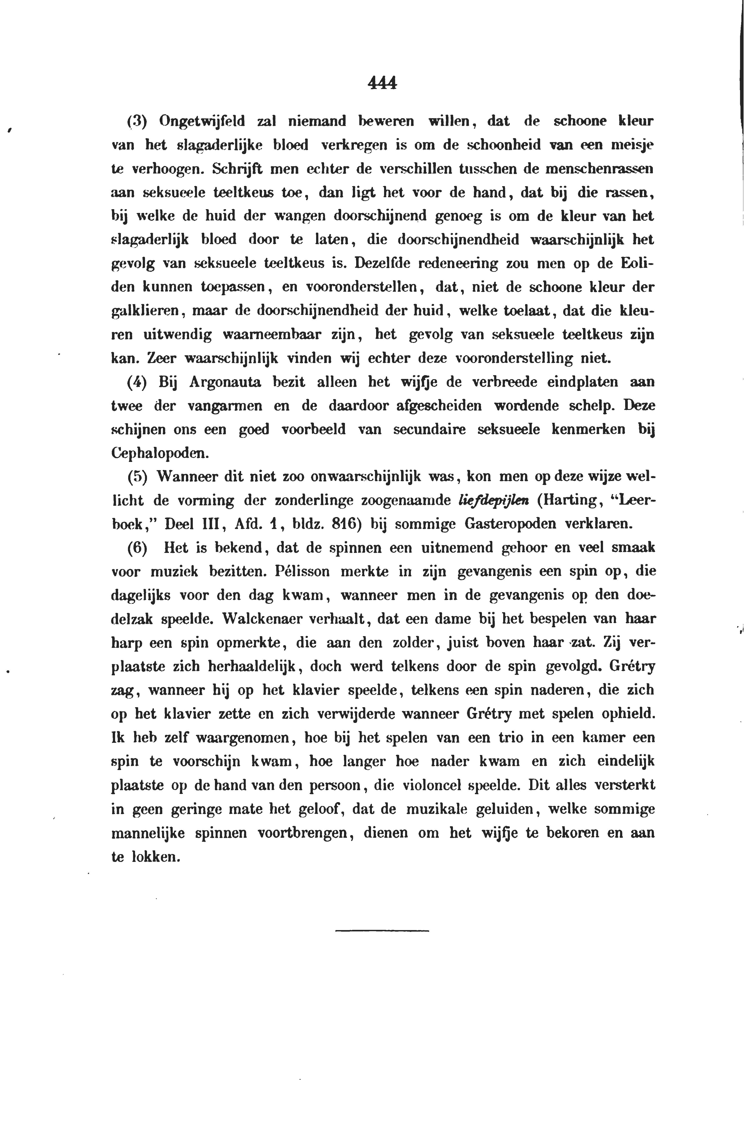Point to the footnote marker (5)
pos(136,477)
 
